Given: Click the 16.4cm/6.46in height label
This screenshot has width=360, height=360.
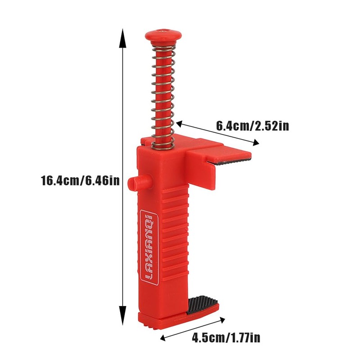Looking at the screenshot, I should click(x=80, y=180).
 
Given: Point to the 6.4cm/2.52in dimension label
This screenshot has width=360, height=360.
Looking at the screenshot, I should click(x=252, y=126).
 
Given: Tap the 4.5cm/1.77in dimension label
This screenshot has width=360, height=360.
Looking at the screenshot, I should click(x=226, y=337).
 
